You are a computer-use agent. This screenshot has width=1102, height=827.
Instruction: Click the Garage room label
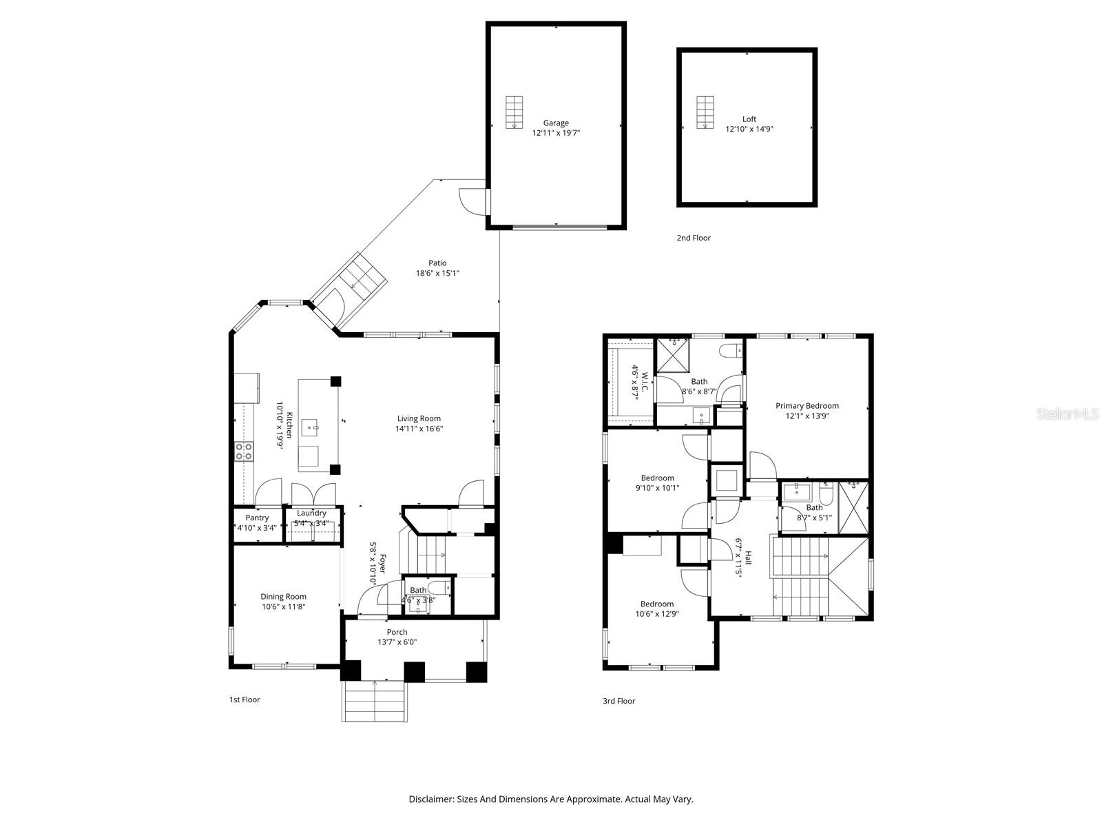[x=556, y=123]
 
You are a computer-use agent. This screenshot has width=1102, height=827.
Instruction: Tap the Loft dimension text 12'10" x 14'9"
[x=749, y=129]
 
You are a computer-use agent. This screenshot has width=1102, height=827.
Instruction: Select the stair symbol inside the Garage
[x=514, y=112]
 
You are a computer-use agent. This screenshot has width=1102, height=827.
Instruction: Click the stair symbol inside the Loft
[x=704, y=112]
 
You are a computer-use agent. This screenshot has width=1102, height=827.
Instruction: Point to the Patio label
[x=437, y=263]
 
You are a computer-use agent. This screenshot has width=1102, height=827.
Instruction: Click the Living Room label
[x=419, y=418]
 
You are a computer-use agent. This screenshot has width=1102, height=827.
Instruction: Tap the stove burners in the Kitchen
[x=244, y=451]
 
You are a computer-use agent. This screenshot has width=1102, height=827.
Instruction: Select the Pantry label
[x=257, y=518]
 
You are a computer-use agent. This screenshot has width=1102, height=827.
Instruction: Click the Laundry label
[x=311, y=513]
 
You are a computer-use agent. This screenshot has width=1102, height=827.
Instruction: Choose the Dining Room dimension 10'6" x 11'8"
[x=283, y=607]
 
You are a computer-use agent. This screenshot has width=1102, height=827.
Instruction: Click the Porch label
[x=397, y=632]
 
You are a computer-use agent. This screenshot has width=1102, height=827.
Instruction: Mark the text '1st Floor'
[x=245, y=700]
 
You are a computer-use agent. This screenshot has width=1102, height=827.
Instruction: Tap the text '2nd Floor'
[x=693, y=238]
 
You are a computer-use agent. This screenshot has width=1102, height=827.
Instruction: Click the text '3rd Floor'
[x=618, y=701]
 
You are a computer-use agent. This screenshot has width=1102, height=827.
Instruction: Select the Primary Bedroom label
[x=807, y=406]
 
